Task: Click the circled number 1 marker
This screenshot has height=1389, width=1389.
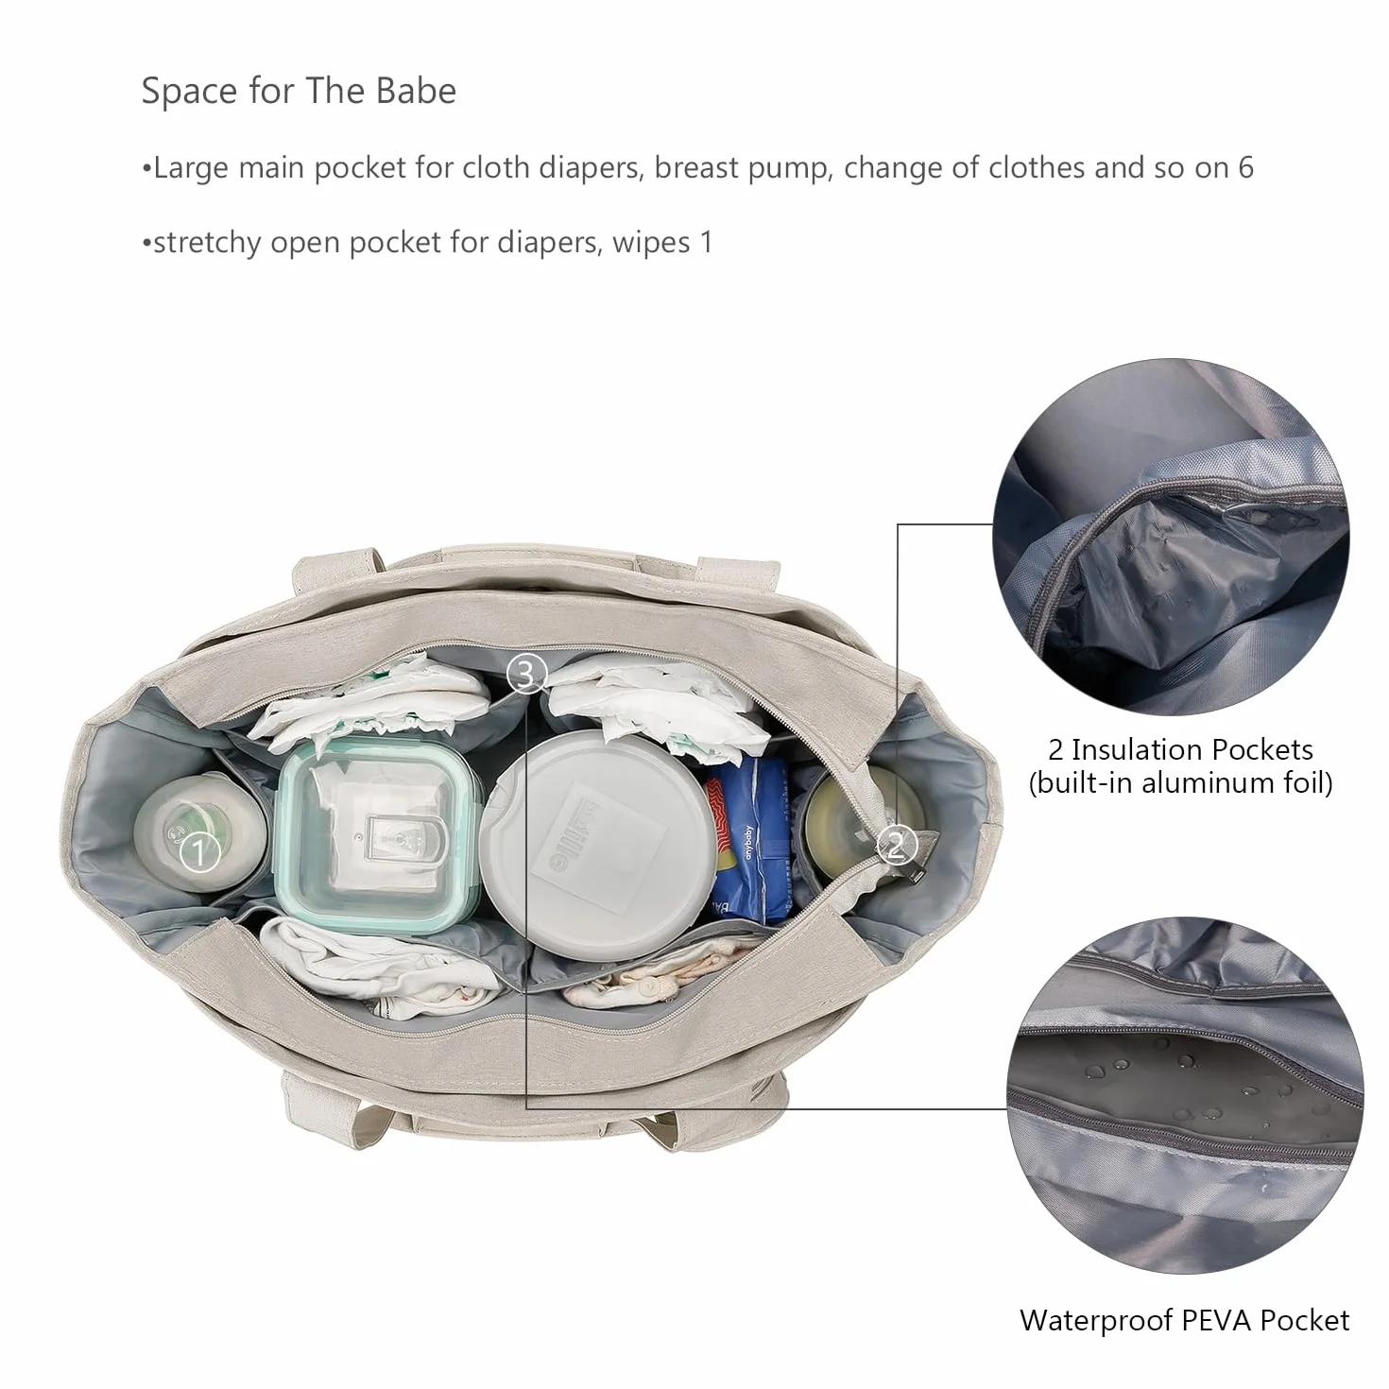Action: pyautogui.click(x=199, y=852)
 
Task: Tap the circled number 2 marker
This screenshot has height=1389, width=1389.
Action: pyautogui.click(x=896, y=844)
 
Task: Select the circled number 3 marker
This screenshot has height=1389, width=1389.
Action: pyautogui.click(x=527, y=674)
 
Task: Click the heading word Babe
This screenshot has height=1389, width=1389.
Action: pyautogui.click(x=417, y=91)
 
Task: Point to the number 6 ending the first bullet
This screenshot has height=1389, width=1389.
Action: pyautogui.click(x=1245, y=167)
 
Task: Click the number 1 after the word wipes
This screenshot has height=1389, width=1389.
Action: pyautogui.click(x=707, y=242)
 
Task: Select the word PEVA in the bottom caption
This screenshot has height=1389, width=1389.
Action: pyautogui.click(x=1216, y=1320)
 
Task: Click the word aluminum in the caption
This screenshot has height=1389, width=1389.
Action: pyautogui.click(x=1208, y=782)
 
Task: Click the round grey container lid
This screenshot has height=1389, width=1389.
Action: pyautogui.click(x=598, y=844)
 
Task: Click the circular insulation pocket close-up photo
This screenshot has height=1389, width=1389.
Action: pyautogui.click(x=1171, y=537)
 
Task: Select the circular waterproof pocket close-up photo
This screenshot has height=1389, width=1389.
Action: pyautogui.click(x=1185, y=1096)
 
